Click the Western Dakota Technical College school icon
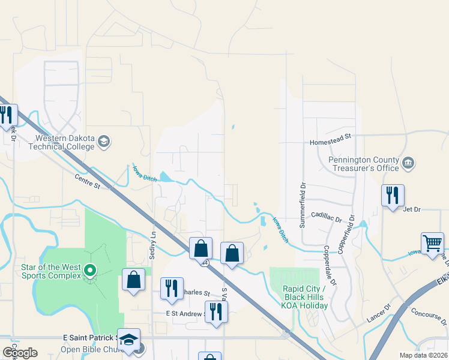103,141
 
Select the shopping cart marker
432,243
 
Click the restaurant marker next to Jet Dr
393,195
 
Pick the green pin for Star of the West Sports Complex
90,270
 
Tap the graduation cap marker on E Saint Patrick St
128,339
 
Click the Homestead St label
330,143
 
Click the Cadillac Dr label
326,214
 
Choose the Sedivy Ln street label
152,245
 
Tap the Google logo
20,352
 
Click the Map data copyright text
423,355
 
